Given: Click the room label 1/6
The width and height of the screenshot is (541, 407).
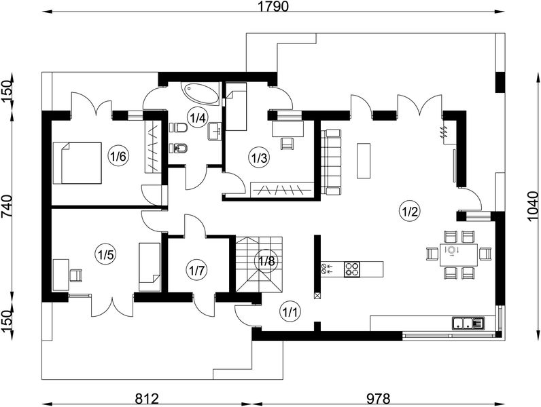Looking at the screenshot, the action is (118, 157).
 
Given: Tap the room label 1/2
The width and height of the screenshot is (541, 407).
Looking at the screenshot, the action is (410, 211).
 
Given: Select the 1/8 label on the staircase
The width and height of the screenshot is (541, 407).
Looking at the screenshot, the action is (267, 261).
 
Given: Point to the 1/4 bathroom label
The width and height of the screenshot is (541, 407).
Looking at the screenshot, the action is (198, 118).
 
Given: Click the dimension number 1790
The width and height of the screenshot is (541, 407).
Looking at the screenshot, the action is (273, 6).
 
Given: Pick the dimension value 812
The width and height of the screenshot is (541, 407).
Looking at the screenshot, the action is (147, 399).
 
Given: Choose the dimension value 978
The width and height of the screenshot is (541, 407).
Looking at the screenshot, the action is (378, 399).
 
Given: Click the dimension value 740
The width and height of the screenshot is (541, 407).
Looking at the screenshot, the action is (7, 206).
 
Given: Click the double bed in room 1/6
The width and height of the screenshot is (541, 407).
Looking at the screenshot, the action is (77, 163).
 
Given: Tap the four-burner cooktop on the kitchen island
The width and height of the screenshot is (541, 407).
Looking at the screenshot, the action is (352, 269).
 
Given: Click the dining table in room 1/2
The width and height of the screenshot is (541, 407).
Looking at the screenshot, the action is (459, 255).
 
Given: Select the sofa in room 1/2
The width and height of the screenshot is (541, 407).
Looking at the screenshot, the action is (331, 162).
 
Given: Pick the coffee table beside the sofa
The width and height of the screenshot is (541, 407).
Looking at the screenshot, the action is (364, 161).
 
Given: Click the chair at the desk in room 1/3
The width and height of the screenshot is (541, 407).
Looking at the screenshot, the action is (287, 144).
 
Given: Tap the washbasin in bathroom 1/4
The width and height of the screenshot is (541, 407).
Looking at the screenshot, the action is (215, 132).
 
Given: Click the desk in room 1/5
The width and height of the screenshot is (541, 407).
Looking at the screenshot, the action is (60, 275).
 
